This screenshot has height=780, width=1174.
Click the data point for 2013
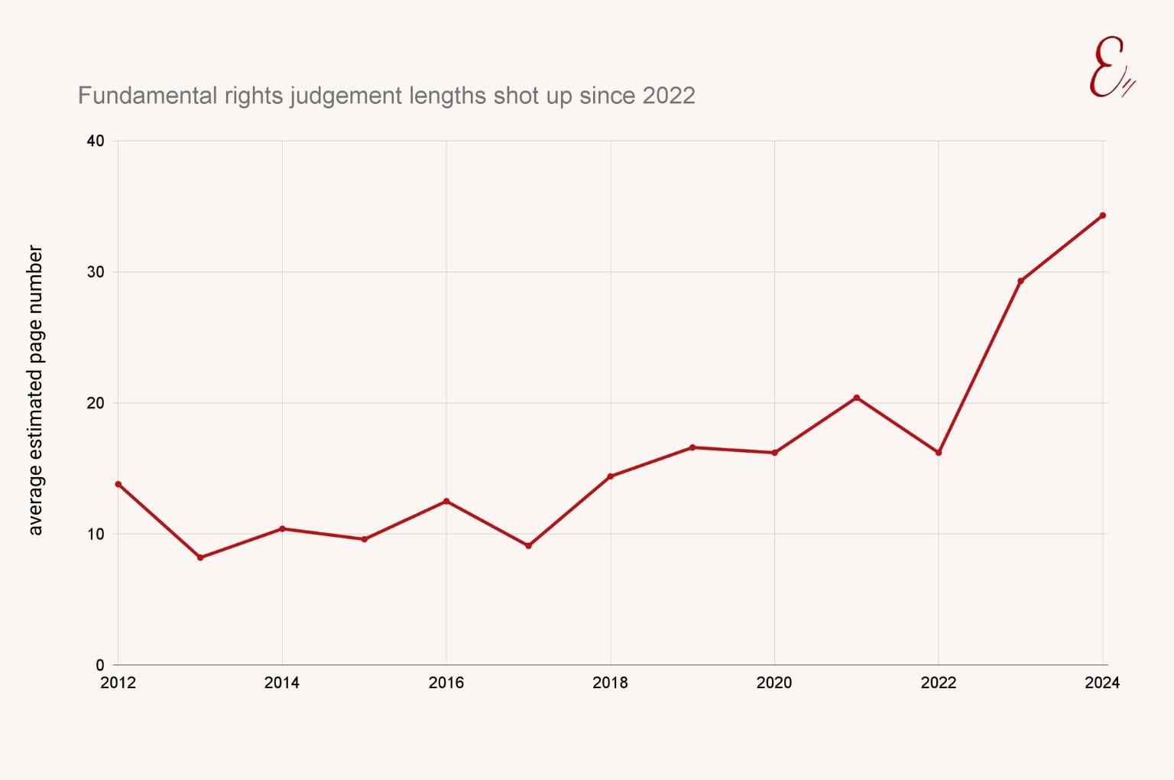(x=200, y=557)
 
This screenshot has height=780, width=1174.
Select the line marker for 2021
(x=857, y=398)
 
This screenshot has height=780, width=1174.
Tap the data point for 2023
(x=1020, y=281)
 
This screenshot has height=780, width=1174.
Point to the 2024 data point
(x=1103, y=216)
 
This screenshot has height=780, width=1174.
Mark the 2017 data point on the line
(x=528, y=545)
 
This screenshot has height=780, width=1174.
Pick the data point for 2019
(x=692, y=447)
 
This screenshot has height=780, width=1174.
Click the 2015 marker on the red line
(x=365, y=539)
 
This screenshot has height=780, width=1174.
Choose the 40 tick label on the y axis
(x=96, y=141)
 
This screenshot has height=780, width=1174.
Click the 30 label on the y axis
(x=96, y=272)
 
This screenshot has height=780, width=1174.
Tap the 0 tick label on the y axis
(x=99, y=665)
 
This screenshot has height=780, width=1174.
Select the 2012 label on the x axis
(x=118, y=683)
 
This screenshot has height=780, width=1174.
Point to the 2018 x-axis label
(x=610, y=683)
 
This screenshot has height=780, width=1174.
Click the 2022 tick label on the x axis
(x=938, y=683)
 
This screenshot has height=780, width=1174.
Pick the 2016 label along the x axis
(x=446, y=683)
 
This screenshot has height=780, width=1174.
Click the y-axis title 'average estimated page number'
(x=35, y=390)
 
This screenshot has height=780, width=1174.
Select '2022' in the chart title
(x=669, y=96)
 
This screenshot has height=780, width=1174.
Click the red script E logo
(x=1110, y=69)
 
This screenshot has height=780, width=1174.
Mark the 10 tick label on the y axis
(x=96, y=535)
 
